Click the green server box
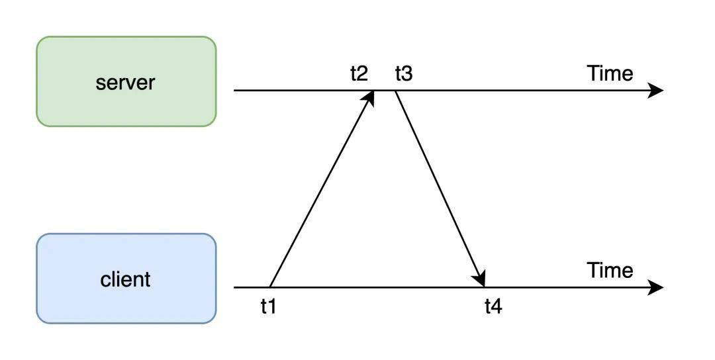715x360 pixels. tap(126, 81)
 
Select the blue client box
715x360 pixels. tap(126, 279)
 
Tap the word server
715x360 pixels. tap(125, 83)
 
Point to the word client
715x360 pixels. tap(125, 279)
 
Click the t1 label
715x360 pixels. tap(269, 306)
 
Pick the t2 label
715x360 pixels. tap(359, 73)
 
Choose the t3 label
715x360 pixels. tap(404, 73)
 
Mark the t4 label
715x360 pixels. tap(493, 306)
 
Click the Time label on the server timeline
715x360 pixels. tap(610, 73)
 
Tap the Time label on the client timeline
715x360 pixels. tap(610, 271)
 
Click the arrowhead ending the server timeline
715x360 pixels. tap(655, 91)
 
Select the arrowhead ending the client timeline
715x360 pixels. tap(655, 288)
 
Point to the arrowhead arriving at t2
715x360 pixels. tap(369, 98)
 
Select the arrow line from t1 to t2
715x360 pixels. tap(322, 189)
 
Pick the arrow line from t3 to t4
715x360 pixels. tap(440, 189)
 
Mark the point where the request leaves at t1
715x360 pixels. tap(270, 288)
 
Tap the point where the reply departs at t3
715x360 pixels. tap(395, 91)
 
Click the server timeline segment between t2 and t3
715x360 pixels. tap(385, 91)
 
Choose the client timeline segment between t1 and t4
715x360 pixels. tap(377, 288)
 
